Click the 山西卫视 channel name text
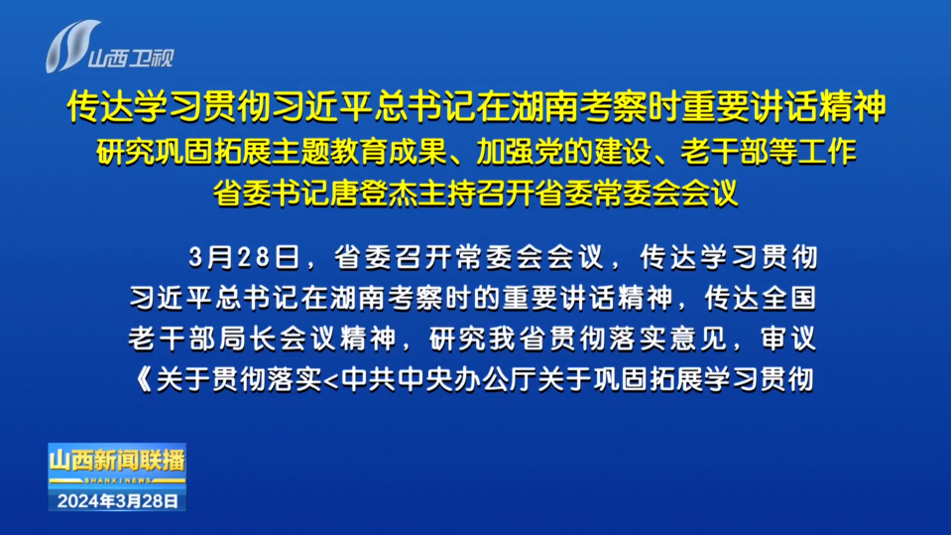pyautogui.click(x=131, y=59)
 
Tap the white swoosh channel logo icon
pyautogui.click(x=72, y=46)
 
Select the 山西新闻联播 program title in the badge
pyautogui.click(x=117, y=461)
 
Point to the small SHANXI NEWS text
pyautogui.click(x=118, y=480)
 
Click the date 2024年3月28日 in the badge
pyautogui.click(x=118, y=501)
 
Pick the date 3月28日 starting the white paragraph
pyautogui.click(x=244, y=257)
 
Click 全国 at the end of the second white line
pyautogui.click(x=787, y=298)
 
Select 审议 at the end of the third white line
pyautogui.click(x=788, y=338)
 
